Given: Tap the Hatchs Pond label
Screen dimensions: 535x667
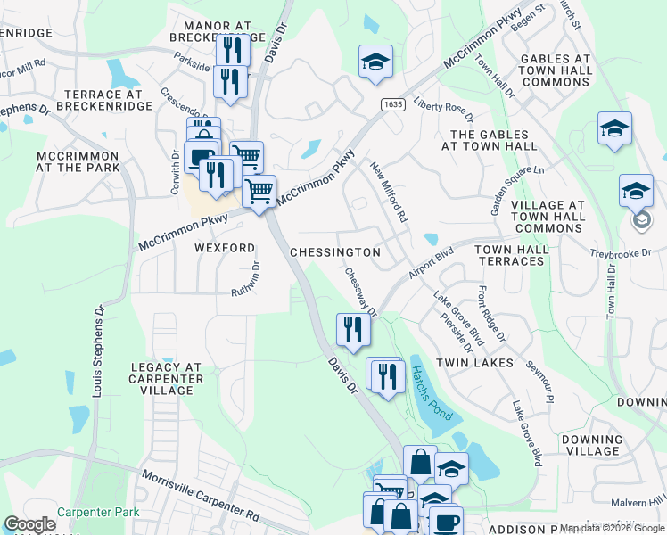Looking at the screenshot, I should tap(432, 396).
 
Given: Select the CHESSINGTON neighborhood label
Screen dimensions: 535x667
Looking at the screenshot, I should tap(335, 252).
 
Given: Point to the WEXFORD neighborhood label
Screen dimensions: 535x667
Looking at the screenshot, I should tap(226, 247).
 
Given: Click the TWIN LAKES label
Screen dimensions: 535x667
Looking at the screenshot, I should tap(475, 363).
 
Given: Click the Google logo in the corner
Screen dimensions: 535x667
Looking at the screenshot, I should tap(29, 524).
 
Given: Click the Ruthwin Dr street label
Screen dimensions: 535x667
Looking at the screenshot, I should tap(247, 280).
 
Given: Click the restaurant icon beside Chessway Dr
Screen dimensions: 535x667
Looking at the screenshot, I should tap(353, 330).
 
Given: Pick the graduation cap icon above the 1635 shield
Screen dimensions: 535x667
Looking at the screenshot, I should tap(375, 62).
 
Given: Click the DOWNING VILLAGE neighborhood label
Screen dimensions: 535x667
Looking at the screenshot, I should tap(592, 446).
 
